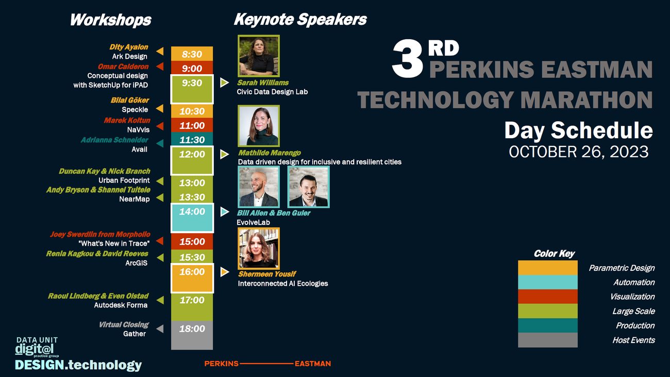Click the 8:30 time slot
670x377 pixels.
point(192,54)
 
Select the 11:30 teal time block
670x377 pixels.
point(192,139)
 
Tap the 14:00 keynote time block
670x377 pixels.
point(192,218)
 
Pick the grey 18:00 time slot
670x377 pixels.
point(192,335)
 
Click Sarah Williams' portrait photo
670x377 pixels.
point(259,56)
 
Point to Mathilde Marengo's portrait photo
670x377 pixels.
point(259,126)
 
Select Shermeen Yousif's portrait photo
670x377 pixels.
point(259,249)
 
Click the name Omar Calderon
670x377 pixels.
point(123,67)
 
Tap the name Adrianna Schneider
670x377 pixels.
point(114,140)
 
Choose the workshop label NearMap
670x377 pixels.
point(135,199)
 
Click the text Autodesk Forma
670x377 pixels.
point(121,305)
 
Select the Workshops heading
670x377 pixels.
point(110,20)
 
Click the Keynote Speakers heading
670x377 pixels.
point(300,20)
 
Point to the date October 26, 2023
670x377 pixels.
point(579,152)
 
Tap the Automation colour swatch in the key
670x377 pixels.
point(548,282)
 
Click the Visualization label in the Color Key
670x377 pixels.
point(632,297)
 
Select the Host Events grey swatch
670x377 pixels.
point(548,340)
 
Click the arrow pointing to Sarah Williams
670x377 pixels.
point(224,83)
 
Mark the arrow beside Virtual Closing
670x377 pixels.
point(160,329)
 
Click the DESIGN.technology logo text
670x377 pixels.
point(78,365)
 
